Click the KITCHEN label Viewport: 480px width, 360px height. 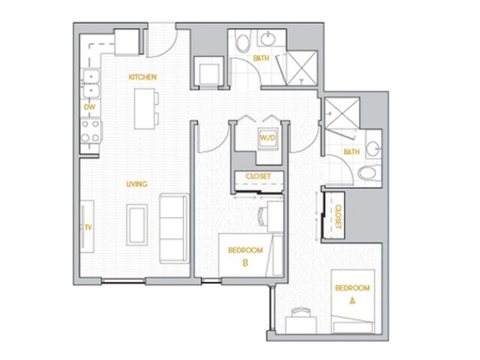(142, 77)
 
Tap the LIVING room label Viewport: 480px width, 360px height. (136, 184)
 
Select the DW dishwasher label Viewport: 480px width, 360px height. (88, 107)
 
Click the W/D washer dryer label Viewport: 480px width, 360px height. (268, 139)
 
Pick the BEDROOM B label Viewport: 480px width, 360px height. (245, 256)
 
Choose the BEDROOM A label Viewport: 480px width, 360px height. (352, 293)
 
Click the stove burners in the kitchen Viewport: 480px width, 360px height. (91, 132)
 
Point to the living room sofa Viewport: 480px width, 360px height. (174, 227)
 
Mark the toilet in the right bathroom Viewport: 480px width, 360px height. (367, 174)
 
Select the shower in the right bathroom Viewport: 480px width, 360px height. (341, 114)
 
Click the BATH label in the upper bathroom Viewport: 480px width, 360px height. (261, 58)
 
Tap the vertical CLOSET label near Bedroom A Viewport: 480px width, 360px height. (337, 215)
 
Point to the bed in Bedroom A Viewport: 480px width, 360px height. (352, 300)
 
